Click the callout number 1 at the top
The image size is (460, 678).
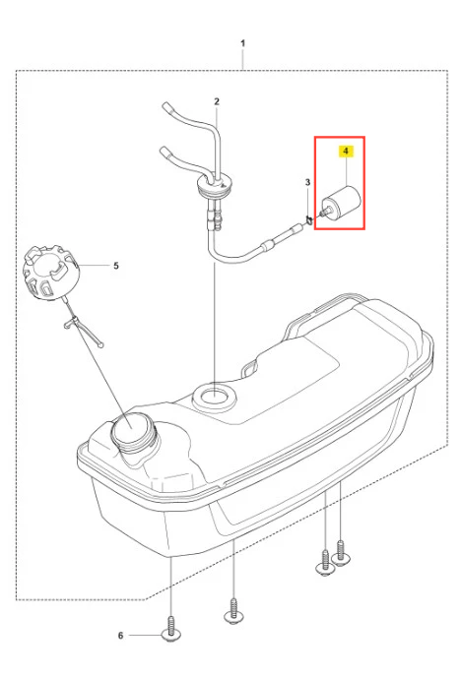pyautogui.click(x=242, y=43)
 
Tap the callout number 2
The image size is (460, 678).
pyautogui.click(x=217, y=101)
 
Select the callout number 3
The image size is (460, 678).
pyautogui.click(x=307, y=182)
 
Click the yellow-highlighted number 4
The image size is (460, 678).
pyautogui.click(x=346, y=152)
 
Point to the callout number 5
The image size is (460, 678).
pyautogui.click(x=116, y=266)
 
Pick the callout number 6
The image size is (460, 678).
pyautogui.click(x=121, y=635)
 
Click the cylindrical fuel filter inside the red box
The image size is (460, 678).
pyautogui.click(x=342, y=202)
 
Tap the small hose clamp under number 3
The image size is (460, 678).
pyautogui.click(x=308, y=220)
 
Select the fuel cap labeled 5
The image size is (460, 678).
pyautogui.click(x=50, y=273)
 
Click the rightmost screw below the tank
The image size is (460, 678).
pyautogui.click(x=341, y=554)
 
